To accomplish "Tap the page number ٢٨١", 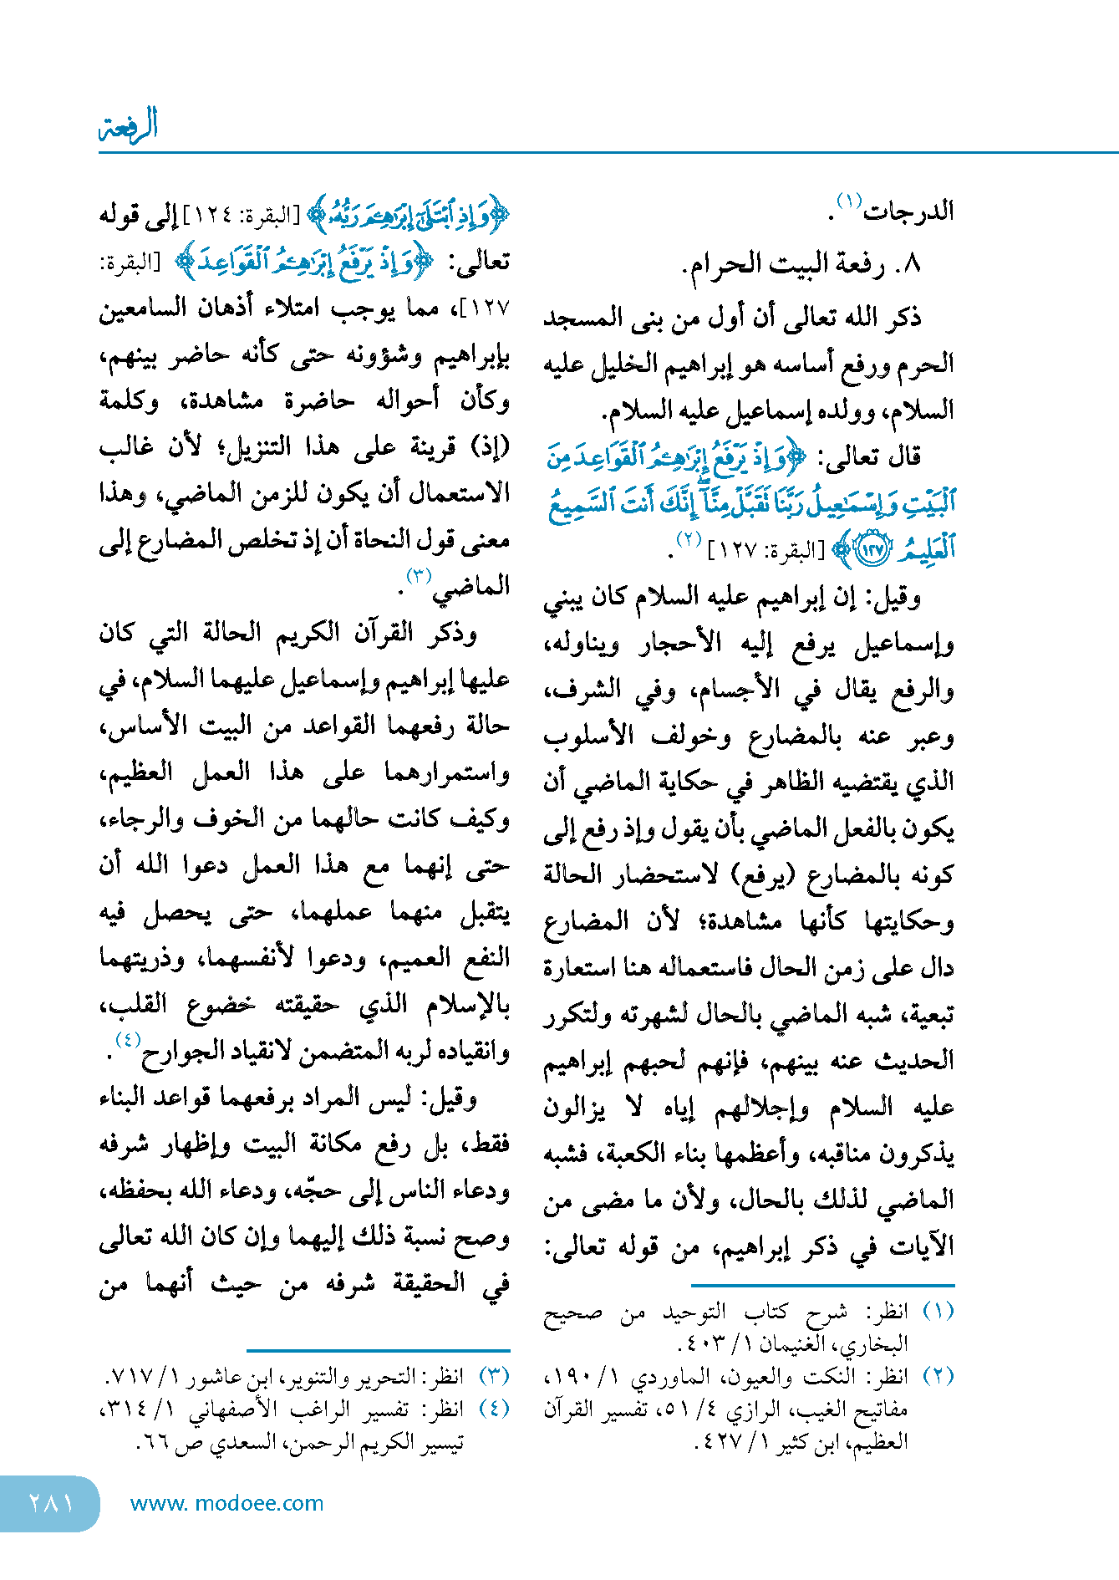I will [50, 1503].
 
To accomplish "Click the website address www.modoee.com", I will [226, 1503].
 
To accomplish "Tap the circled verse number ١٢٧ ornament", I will [872, 550].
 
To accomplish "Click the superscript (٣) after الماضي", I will [418, 575].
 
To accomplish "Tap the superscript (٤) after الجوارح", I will [128, 1040].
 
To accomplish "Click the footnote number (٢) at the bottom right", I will [938, 1376].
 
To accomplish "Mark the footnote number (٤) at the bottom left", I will [494, 1409].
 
